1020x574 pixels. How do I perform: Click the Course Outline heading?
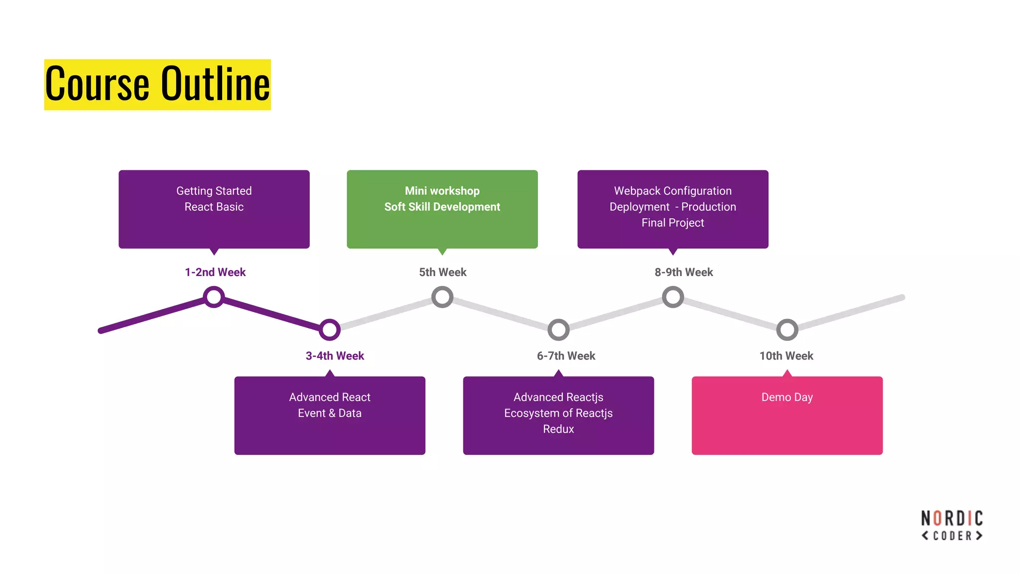click(x=157, y=84)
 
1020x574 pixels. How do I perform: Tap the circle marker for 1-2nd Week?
click(x=214, y=297)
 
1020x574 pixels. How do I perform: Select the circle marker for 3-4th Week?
click(x=330, y=329)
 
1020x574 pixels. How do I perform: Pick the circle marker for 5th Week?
click(x=442, y=297)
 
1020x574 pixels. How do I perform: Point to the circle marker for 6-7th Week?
click(x=558, y=329)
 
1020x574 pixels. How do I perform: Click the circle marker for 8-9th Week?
click(x=673, y=297)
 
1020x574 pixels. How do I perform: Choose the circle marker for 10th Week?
click(x=787, y=329)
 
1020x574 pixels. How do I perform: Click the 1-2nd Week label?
click(x=215, y=272)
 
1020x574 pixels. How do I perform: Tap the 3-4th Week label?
click(x=335, y=356)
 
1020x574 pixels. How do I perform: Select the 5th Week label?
click(x=442, y=272)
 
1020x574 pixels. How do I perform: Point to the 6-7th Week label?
click(x=566, y=356)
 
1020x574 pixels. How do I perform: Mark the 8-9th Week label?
click(x=683, y=272)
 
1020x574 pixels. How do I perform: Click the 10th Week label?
click(x=786, y=356)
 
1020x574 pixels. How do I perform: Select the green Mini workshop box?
click(x=442, y=209)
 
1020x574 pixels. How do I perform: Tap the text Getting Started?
click(x=214, y=191)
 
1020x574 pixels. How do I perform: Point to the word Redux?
click(x=558, y=429)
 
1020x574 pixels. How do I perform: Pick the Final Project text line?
click(x=672, y=223)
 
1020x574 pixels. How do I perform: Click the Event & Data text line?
click(x=330, y=413)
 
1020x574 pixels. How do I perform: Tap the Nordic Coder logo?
click(x=952, y=525)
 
